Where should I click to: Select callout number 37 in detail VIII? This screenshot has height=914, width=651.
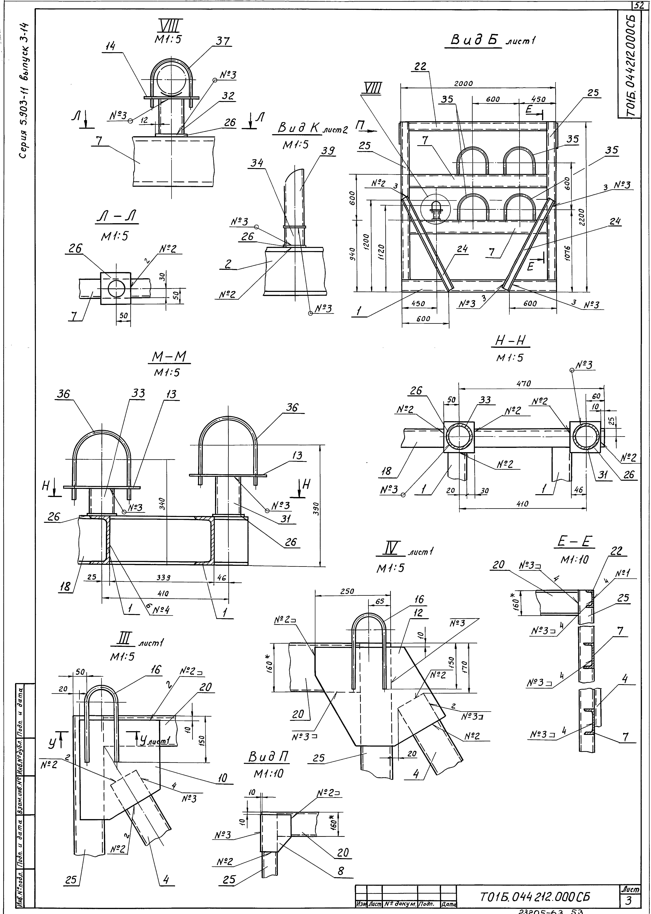[x=223, y=41]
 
